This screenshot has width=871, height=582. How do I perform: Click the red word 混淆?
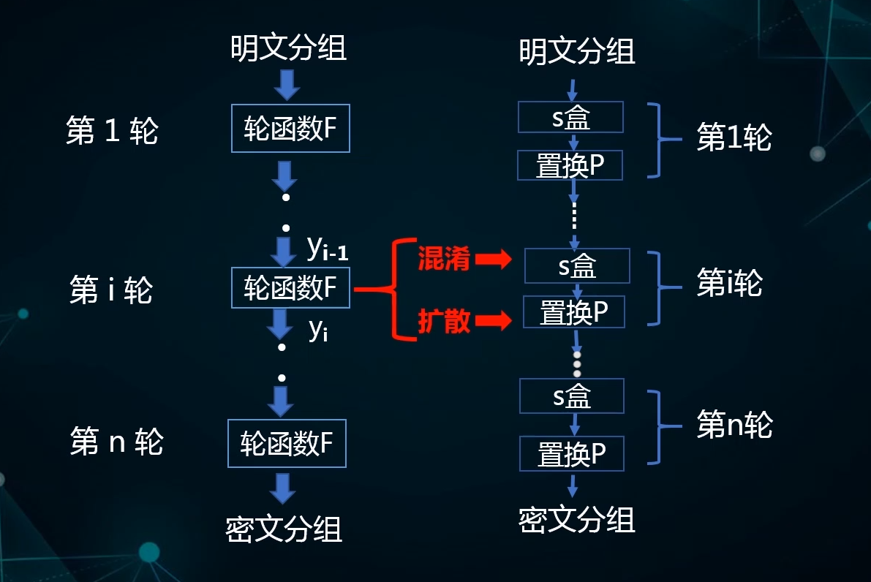(443, 259)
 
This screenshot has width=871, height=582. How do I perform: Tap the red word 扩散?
(443, 322)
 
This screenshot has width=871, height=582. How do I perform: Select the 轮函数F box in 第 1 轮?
(290, 129)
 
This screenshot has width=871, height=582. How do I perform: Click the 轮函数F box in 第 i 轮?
(290, 289)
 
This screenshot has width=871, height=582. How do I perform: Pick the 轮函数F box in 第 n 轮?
(287, 443)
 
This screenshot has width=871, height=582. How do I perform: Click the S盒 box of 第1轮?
(570, 117)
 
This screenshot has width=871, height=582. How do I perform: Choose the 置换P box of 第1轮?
(570, 165)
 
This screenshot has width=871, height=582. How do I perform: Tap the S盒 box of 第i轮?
(577, 266)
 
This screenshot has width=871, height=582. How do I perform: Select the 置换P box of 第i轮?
(574, 312)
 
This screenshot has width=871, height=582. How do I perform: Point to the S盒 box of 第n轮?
(572, 396)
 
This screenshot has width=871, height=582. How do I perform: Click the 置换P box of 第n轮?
(572, 453)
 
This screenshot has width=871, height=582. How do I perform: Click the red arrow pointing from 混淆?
(493, 259)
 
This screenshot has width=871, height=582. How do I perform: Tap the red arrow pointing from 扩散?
(493, 320)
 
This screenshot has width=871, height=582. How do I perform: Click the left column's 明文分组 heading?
(288, 49)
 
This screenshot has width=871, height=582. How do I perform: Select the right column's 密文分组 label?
(577, 520)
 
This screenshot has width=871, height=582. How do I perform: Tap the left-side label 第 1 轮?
(112, 132)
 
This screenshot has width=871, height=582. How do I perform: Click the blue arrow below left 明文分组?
(286, 86)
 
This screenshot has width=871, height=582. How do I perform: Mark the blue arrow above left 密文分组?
(282, 488)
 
